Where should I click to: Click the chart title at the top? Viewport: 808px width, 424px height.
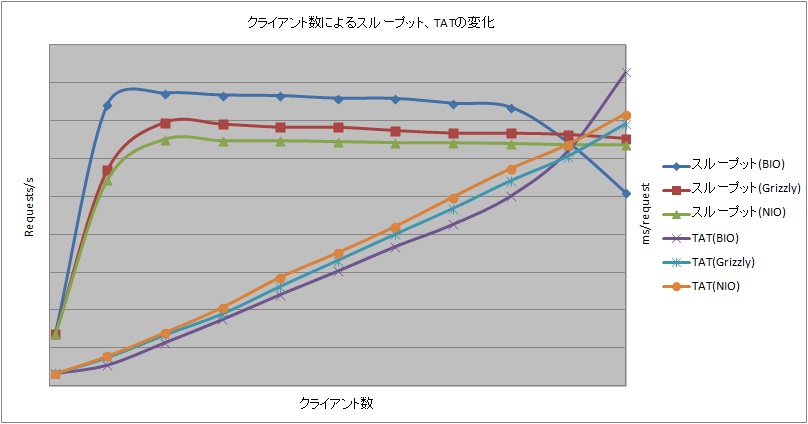pos(371,22)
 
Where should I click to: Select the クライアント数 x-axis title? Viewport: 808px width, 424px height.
pos(336,403)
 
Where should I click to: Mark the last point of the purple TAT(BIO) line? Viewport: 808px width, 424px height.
pos(626,72)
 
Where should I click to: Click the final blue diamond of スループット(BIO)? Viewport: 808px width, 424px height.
pos(626,193)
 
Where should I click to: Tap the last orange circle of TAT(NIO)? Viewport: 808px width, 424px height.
pos(626,115)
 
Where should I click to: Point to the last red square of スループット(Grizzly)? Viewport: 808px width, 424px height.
pos(626,139)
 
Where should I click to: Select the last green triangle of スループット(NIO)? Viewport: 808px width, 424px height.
pos(626,145)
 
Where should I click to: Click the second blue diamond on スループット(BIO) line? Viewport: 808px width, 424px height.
pos(107,105)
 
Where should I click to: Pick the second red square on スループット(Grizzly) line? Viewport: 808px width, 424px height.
pos(107,171)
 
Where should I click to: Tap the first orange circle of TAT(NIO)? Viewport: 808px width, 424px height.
pos(56,374)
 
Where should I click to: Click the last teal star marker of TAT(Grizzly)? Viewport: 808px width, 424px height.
pos(626,124)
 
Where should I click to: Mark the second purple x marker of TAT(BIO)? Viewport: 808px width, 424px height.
pos(107,366)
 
